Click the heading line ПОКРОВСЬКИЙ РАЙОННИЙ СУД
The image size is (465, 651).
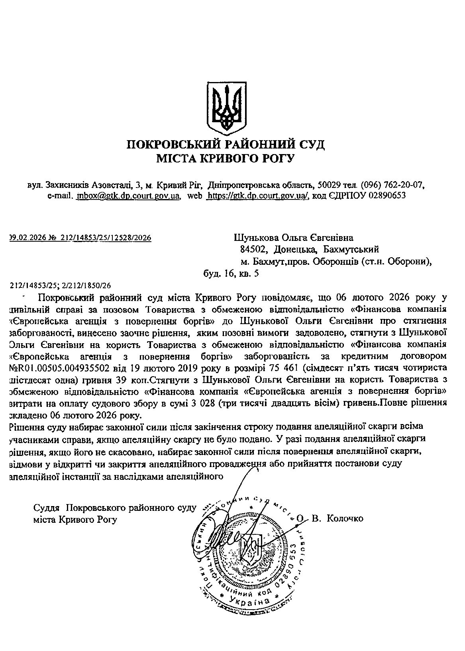[x=226, y=144]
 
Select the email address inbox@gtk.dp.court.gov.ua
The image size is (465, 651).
[x=129, y=195]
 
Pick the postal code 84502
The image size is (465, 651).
[x=251, y=250]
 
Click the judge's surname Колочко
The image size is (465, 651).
[x=345, y=518]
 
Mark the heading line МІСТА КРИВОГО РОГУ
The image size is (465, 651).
[x=226, y=158]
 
